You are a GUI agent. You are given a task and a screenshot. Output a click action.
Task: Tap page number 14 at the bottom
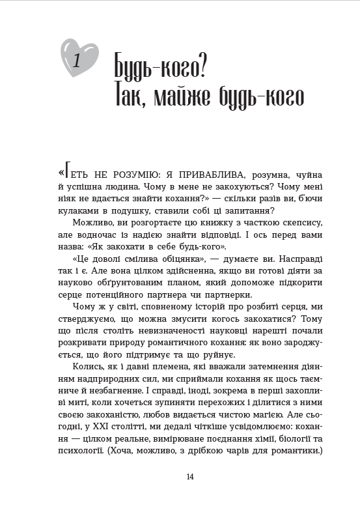tap(190, 477)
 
